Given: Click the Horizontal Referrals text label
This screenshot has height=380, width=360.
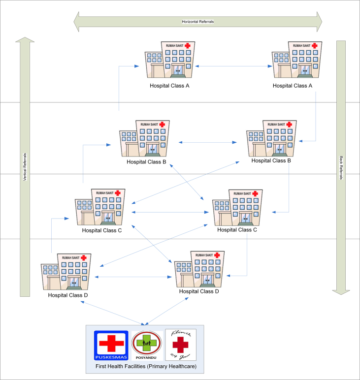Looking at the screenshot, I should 197,22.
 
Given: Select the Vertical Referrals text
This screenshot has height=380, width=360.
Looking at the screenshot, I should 25,167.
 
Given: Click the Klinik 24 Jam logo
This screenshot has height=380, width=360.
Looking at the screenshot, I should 180,345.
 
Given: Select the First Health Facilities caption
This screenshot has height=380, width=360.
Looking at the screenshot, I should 145,367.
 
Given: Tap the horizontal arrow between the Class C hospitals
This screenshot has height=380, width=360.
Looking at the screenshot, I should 170,212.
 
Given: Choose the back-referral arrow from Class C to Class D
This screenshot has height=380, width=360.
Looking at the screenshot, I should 246,258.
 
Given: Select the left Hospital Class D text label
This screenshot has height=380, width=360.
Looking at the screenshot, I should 68,295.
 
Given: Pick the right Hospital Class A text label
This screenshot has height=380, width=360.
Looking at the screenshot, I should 293,86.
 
